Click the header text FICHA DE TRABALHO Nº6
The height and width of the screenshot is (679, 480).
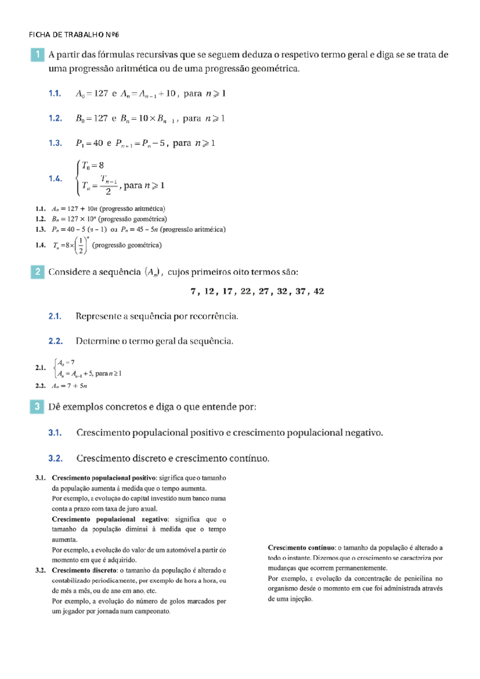click(x=74, y=35)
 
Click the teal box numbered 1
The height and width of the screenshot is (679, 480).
click(x=38, y=54)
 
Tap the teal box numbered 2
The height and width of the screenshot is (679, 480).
click(x=38, y=272)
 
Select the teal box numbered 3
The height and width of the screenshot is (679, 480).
click(x=37, y=407)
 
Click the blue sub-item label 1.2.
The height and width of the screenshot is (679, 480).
click(x=55, y=119)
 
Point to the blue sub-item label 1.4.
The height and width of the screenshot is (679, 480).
click(x=55, y=179)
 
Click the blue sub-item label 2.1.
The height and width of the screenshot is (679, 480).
click(x=55, y=316)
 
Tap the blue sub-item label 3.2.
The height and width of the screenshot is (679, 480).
click(x=55, y=458)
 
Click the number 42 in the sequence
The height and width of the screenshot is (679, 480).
click(x=319, y=291)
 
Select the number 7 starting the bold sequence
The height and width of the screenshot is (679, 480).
click(x=193, y=291)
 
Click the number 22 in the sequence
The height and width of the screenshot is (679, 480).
click(x=246, y=291)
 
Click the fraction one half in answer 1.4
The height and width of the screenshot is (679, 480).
click(x=81, y=245)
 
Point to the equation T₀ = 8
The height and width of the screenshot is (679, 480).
click(x=93, y=165)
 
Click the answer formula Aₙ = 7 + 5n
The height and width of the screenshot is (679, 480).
click(x=69, y=386)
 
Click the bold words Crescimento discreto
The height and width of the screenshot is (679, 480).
click(x=84, y=571)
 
